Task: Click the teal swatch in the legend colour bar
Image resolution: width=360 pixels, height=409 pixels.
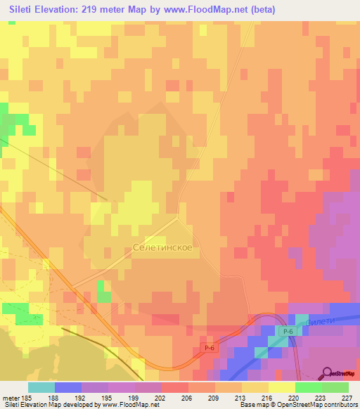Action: coord(41,387)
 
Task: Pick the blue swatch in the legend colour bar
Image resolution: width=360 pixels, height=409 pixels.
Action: coord(68,387)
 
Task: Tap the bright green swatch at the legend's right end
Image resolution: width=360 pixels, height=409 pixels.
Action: coord(335,387)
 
